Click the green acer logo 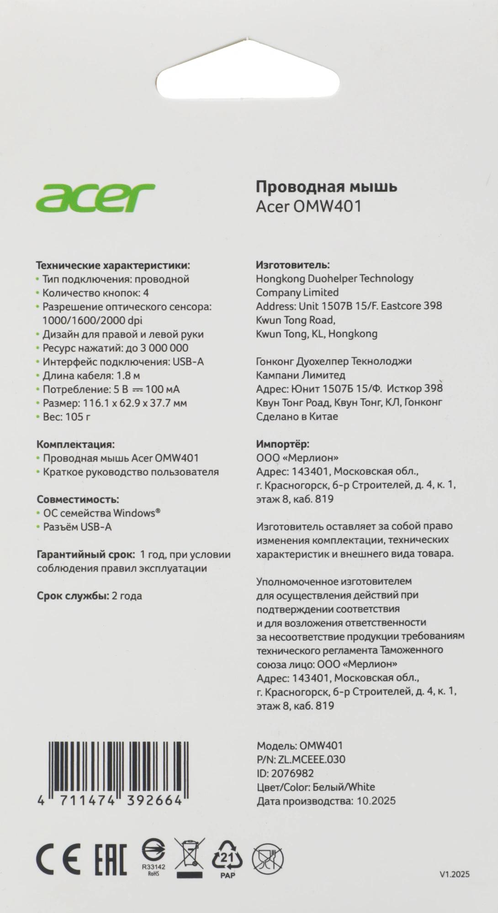coord(95,197)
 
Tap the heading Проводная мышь coord(326,186)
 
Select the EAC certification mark coord(111,859)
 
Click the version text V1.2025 coord(455,875)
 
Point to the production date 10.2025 coord(375,801)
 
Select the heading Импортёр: coord(283,444)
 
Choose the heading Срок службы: coord(73,596)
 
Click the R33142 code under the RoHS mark coord(154,866)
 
